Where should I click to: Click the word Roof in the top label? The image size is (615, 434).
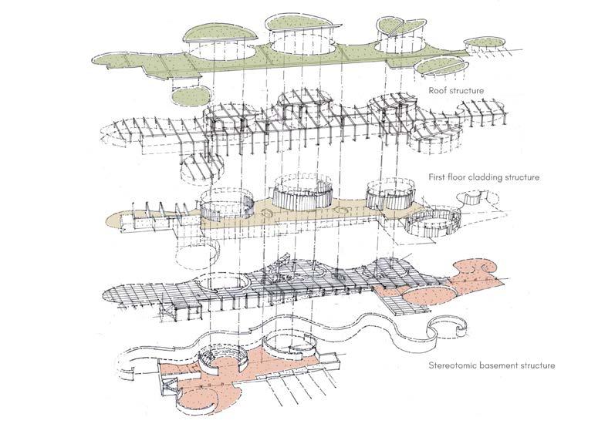pyautogui.click(x=436, y=90)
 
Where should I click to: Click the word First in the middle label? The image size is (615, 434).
pyautogui.click(x=436, y=177)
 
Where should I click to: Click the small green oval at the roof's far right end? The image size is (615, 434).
pyautogui.click(x=484, y=42)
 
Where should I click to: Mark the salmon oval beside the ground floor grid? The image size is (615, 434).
pyautogui.click(x=431, y=295)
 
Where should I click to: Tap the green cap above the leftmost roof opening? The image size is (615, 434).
pyautogui.click(x=221, y=34)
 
